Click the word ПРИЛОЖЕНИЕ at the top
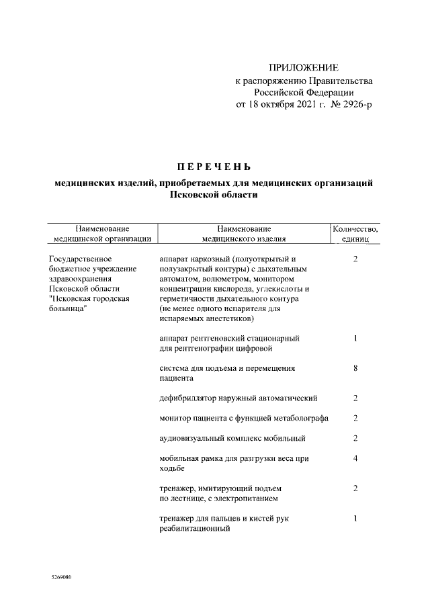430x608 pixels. click(x=304, y=68)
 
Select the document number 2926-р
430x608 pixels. click(x=349, y=105)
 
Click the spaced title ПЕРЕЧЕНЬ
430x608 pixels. click(x=213, y=167)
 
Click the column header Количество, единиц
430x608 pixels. click(x=355, y=233)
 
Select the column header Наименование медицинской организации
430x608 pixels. click(x=102, y=233)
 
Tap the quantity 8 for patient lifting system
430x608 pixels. click(x=355, y=368)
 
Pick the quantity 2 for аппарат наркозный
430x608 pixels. click(x=355, y=259)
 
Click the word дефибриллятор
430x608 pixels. click(x=190, y=398)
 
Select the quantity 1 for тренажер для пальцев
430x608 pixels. click(x=355, y=519)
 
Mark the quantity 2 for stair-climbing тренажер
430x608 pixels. click(x=355, y=488)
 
